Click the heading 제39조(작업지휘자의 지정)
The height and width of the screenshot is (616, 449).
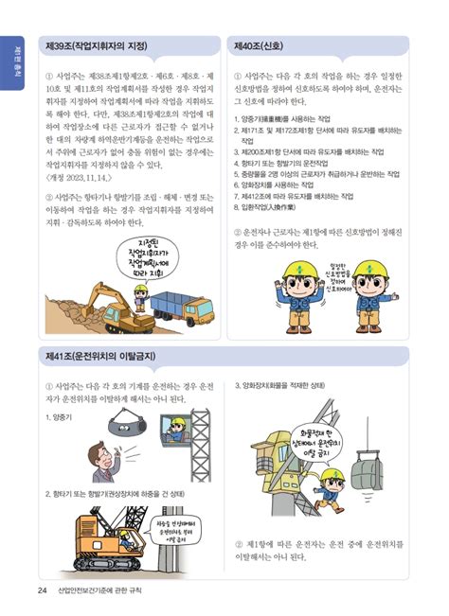click(x=100, y=45)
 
